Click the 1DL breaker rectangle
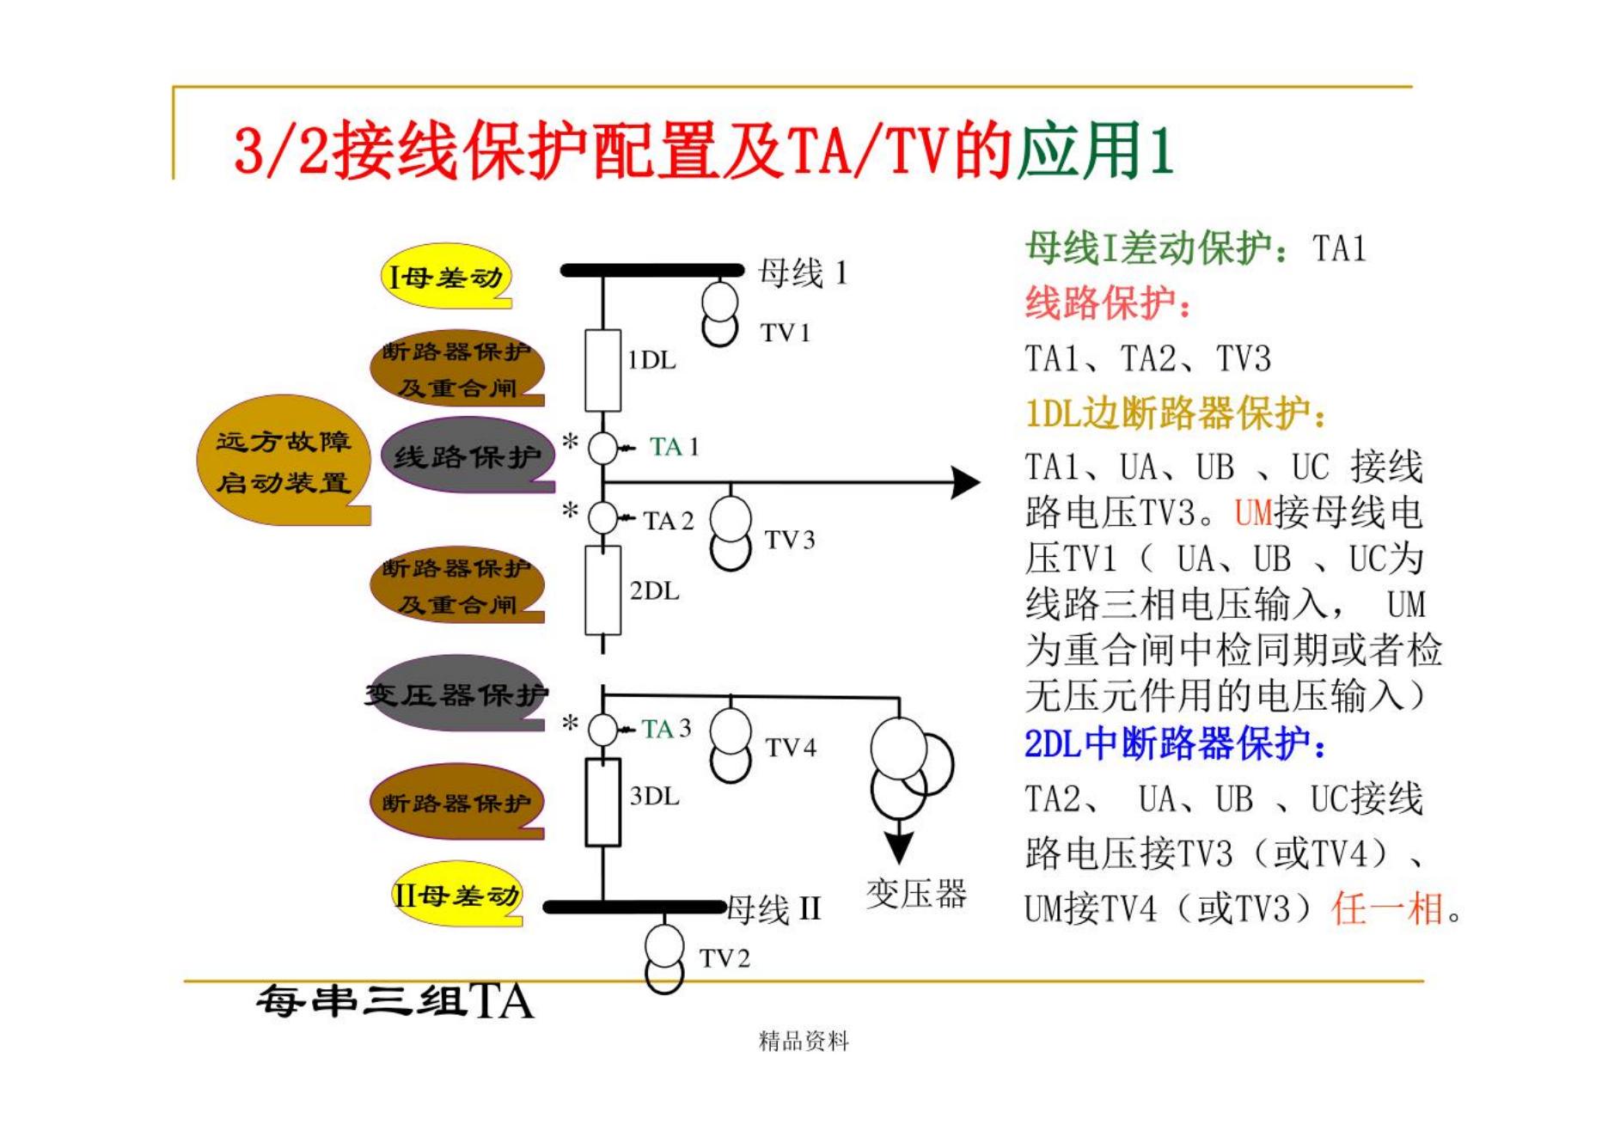point(602,370)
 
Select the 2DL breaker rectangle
point(602,590)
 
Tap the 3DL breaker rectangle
point(602,802)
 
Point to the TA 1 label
point(674,447)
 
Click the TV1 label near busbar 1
point(786,333)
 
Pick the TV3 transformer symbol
point(731,533)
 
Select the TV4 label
point(791,748)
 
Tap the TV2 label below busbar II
point(725,958)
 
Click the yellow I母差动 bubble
point(445,277)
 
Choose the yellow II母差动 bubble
point(455,896)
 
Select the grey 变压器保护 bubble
point(456,694)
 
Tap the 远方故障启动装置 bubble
point(284,462)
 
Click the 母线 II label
point(774,908)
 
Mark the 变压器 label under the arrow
point(916,894)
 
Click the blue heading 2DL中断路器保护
point(1175,744)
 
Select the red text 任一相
point(1387,908)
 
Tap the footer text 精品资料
point(804,1042)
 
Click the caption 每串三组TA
point(395,1001)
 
